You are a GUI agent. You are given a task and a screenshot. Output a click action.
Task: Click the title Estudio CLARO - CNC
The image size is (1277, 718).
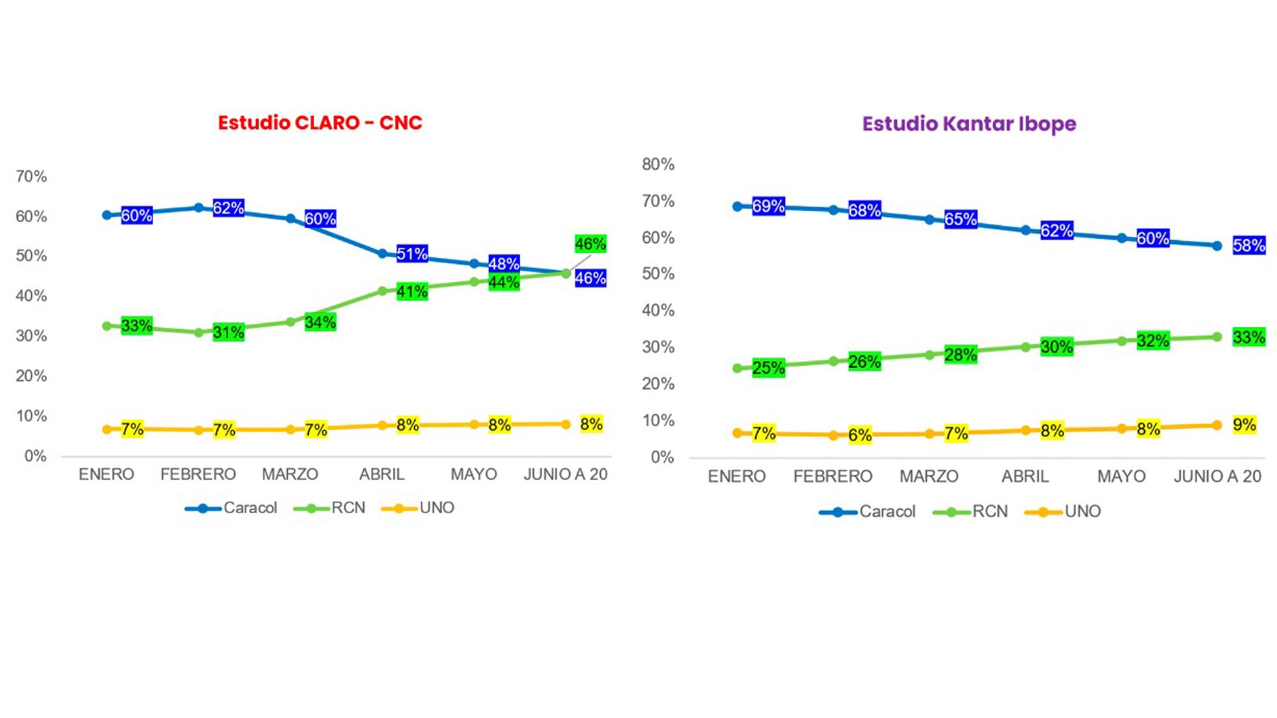320,123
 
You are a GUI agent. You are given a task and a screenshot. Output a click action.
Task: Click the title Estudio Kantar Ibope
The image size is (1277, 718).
969,124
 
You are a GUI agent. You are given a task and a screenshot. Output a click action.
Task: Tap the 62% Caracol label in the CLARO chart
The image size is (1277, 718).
228,208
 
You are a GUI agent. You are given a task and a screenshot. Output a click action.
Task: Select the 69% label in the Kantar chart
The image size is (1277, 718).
768,206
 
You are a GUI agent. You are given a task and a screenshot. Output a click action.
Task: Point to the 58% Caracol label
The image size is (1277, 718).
1248,246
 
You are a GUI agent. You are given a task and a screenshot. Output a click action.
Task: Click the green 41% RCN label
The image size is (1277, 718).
412,292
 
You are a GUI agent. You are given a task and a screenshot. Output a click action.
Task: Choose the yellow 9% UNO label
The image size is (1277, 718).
1244,424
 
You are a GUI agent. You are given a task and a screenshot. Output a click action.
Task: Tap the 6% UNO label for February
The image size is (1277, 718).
859,435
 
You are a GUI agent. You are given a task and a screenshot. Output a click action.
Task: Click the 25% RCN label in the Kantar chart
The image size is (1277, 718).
768,368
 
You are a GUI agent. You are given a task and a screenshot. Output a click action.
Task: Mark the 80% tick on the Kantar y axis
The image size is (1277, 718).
658,165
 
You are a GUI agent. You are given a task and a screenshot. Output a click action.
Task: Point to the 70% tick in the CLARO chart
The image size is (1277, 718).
31,177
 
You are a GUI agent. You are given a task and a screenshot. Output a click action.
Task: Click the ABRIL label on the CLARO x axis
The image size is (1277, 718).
382,474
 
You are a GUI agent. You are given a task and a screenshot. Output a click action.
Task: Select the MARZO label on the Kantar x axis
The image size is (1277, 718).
928,476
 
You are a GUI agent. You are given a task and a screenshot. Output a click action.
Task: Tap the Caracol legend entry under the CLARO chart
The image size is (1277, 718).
231,508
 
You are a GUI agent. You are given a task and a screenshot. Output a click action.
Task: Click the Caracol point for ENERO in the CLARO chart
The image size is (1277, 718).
107,215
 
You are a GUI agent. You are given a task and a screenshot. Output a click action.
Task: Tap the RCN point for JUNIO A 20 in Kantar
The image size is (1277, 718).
1217,337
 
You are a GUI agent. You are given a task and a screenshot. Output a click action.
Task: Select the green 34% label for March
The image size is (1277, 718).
320,322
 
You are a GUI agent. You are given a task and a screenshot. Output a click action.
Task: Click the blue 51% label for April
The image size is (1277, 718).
412,254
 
